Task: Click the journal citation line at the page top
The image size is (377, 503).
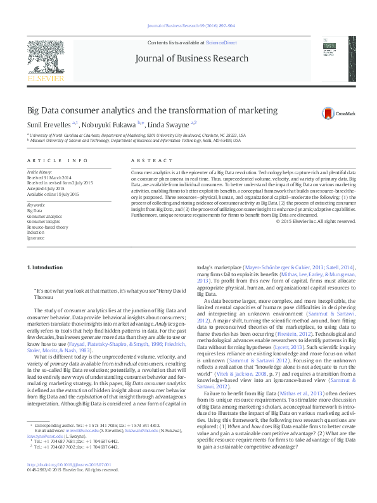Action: point(191,26)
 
